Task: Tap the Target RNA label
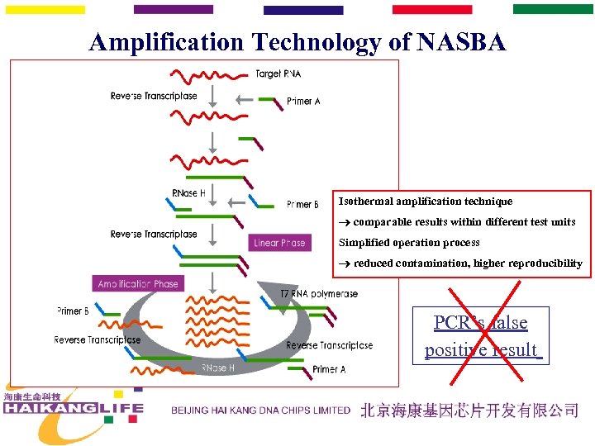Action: [278, 74]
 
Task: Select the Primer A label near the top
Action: [303, 101]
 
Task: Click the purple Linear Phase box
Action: [279, 243]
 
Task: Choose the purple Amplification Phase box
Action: [138, 283]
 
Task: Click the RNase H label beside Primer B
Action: [188, 193]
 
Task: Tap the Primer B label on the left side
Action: [73, 311]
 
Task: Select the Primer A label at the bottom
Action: [329, 369]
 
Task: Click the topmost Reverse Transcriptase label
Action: [154, 96]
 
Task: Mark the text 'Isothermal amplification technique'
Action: [426, 202]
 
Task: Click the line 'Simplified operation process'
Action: [409, 243]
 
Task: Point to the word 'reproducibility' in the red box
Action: [541, 263]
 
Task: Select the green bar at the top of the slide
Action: [553, 9]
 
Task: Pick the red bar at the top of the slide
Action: [432, 9]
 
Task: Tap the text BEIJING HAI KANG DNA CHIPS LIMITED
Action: [260, 410]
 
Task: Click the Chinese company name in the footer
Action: [469, 410]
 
